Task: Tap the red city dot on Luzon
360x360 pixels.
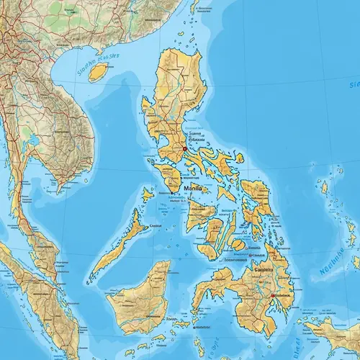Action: pos(184,149)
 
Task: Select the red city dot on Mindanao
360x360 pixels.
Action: pos(271,295)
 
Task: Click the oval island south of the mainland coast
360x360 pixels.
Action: pos(98,71)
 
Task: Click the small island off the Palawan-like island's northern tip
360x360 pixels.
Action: pos(148,194)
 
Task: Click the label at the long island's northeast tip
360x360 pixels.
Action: pos(155,227)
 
